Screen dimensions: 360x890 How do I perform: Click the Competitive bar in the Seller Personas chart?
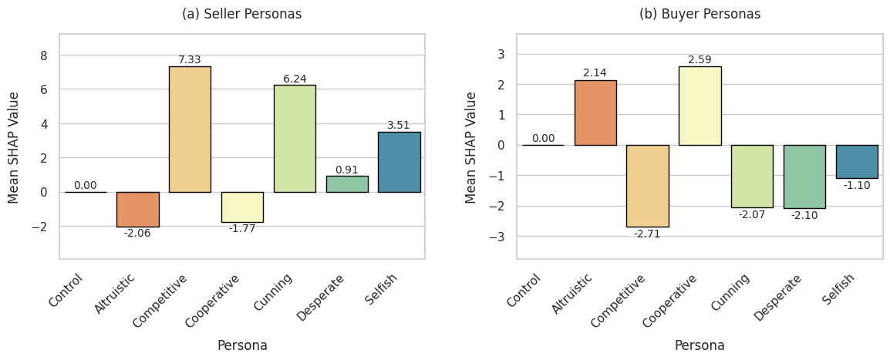(x=190, y=129)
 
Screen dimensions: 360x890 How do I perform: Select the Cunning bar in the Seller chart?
(x=295, y=138)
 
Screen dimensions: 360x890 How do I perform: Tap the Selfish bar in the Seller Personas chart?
(x=399, y=162)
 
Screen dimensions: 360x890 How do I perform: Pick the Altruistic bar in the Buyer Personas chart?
(x=595, y=113)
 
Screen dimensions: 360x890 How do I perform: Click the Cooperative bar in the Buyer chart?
(x=700, y=106)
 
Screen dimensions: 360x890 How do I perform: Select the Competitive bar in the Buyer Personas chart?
(x=647, y=186)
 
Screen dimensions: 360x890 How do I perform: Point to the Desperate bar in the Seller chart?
(x=346, y=184)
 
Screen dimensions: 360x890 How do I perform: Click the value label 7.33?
(x=190, y=59)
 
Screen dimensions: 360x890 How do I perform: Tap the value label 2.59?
(x=700, y=59)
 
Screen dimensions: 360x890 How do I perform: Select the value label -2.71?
(x=647, y=234)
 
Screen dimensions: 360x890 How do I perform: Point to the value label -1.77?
(x=242, y=228)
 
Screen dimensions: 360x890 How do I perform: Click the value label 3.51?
(x=399, y=125)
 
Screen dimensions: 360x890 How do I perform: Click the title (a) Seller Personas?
(x=241, y=14)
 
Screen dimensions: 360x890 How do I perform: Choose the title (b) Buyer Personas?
(x=700, y=14)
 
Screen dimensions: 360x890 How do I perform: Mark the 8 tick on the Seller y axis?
(x=43, y=56)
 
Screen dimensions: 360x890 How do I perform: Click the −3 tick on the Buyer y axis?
(x=497, y=236)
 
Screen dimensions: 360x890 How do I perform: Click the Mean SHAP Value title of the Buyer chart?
(x=471, y=146)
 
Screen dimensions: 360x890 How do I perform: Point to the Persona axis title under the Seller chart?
(x=241, y=345)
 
